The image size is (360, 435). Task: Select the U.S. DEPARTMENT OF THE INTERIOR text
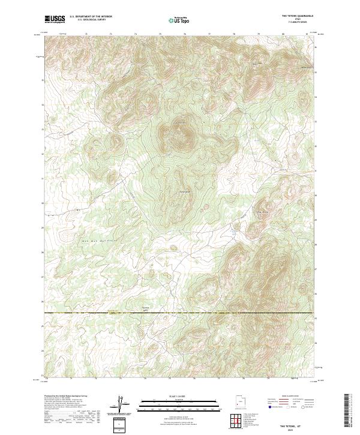pyautogui.click(x=91, y=17)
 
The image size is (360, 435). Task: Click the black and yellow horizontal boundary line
pyautogui.click(x=180, y=313)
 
